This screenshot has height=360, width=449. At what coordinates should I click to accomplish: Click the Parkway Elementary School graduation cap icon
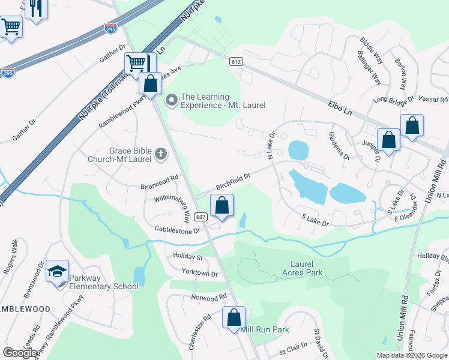58,272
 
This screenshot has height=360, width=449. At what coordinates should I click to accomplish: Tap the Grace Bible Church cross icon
160,155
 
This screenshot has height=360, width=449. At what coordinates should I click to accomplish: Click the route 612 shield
235,61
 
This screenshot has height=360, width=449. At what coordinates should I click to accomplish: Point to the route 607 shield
201,217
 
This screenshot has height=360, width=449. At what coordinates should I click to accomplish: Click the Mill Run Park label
265,329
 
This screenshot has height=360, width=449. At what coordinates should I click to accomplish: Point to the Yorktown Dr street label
200,274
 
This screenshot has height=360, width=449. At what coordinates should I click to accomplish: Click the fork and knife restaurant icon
37,9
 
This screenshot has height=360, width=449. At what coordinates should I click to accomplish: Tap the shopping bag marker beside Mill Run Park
234,317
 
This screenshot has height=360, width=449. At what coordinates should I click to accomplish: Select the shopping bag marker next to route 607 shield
222,205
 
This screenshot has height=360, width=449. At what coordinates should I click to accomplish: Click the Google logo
20,353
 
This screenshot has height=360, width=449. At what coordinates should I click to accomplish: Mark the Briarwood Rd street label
159,178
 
